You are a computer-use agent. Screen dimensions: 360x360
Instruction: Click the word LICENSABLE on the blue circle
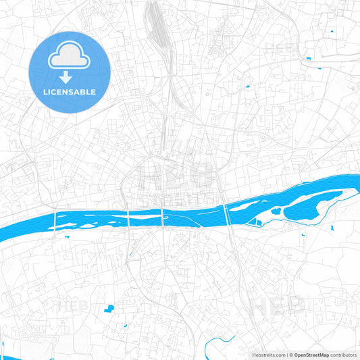(69, 92)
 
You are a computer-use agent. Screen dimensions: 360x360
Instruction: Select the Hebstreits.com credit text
(267, 355)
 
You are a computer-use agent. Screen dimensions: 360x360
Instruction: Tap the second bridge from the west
(128, 217)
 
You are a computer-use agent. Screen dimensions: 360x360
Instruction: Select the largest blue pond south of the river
(108, 309)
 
